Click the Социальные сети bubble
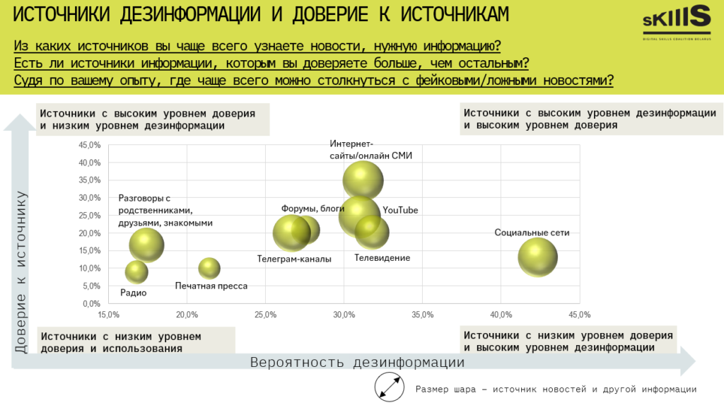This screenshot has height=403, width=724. [x=538, y=257]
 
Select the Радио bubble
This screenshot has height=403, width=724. [x=136, y=271]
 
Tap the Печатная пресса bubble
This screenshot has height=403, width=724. [x=209, y=268]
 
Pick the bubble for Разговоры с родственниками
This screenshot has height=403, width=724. [x=146, y=245]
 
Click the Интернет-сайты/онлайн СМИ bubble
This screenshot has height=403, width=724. [x=363, y=180]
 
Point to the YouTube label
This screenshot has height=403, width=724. [x=400, y=211]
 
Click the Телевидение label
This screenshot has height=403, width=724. [x=382, y=258]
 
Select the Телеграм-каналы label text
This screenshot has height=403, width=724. [x=293, y=259]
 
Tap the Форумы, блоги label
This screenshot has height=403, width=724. [x=313, y=209]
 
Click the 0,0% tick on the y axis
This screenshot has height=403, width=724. [x=92, y=304]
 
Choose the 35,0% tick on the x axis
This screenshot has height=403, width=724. [x=422, y=315]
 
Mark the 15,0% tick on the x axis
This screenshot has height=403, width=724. [x=108, y=315]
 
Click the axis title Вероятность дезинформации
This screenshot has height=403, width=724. [x=357, y=363]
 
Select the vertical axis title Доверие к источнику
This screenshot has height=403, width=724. [x=22, y=273]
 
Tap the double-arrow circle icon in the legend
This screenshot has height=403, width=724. [x=390, y=388]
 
